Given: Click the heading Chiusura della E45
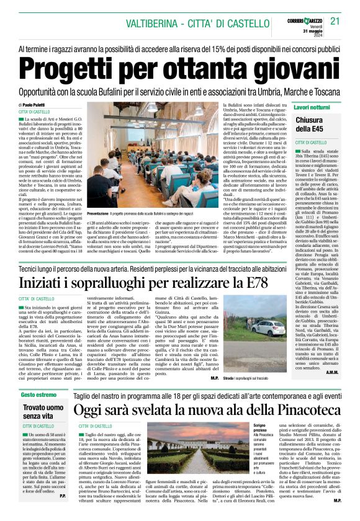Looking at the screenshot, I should pyautogui.click(x=313, y=124).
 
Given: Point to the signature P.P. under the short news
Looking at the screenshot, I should pyautogui.click(x=63, y=512).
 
